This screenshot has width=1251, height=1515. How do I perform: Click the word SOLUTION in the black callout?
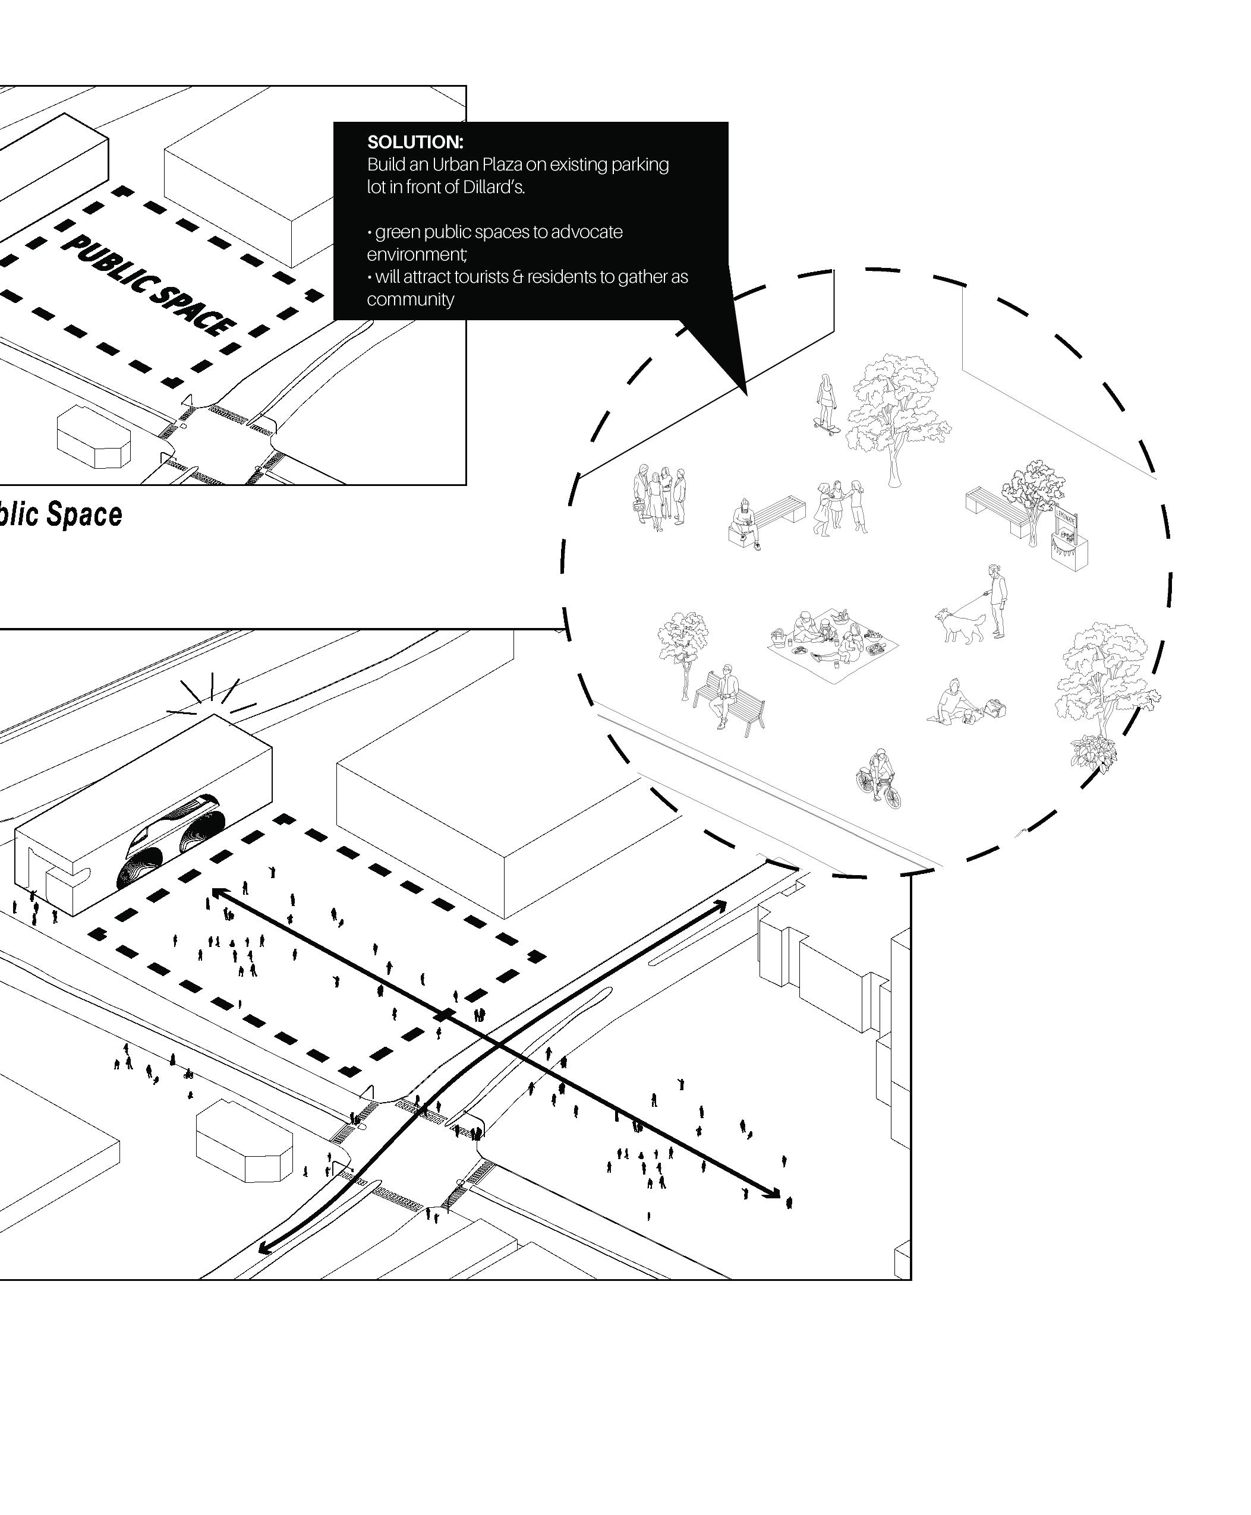click(x=414, y=142)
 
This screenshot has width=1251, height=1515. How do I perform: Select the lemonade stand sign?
click(x=1067, y=519)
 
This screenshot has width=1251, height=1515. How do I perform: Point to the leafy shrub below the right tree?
click(x=1094, y=752)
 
